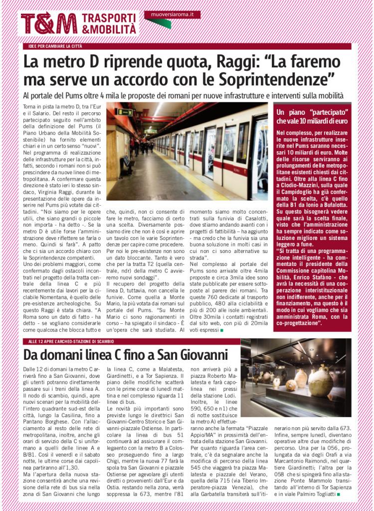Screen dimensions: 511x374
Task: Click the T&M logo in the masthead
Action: tap(48, 23)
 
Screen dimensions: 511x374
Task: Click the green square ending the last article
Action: tap(339, 494)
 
